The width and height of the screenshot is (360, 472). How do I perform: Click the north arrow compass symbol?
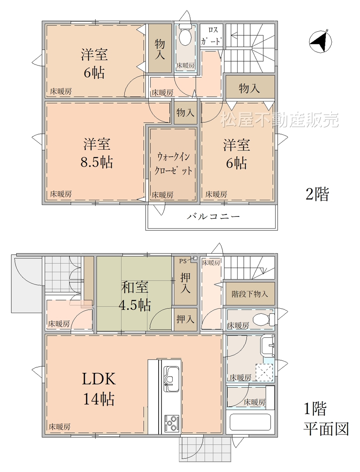(320, 41)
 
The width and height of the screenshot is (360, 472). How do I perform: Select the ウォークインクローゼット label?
(173, 164)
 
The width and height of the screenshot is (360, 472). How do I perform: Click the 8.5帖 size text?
(97, 162)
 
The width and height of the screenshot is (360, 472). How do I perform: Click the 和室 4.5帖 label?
(135, 296)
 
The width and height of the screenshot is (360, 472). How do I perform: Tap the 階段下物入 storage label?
(250, 294)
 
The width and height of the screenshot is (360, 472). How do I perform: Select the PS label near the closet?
(183, 261)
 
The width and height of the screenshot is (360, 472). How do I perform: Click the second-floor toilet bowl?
(185, 35)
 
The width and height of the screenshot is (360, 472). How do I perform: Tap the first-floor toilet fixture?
(264, 319)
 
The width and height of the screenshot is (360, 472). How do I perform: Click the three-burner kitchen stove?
(172, 423)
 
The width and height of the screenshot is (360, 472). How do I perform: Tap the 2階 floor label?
(317, 194)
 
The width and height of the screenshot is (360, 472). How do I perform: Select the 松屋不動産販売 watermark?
(280, 119)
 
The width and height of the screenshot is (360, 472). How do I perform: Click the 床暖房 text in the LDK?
(59, 427)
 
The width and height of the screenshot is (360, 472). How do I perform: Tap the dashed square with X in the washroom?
(264, 373)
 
